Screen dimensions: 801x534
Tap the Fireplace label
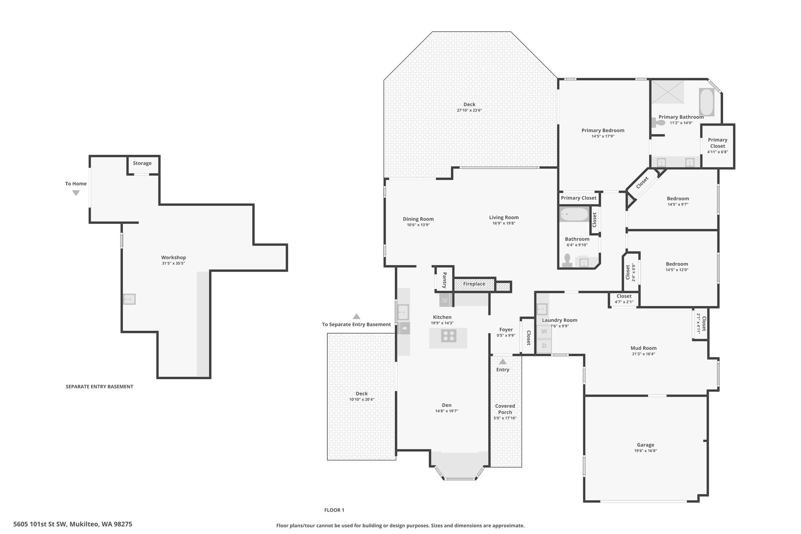click(474, 284)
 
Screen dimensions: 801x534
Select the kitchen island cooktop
click(449, 336)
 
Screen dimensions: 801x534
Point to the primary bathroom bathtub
click(706, 102)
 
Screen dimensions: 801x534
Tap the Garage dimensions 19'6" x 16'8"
click(645, 451)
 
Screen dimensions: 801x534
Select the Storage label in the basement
click(142, 163)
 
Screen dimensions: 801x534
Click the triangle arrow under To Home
click(76, 193)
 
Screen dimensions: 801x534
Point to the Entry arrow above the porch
click(503, 361)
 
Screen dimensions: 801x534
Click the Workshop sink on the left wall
click(129, 299)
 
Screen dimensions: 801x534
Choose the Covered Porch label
click(505, 409)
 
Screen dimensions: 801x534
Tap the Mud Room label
click(643, 348)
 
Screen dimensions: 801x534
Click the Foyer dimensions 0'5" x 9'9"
click(506, 335)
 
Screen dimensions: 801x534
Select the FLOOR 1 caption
click(334, 510)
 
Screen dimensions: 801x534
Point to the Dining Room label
click(418, 219)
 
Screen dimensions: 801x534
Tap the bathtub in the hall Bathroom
click(574, 214)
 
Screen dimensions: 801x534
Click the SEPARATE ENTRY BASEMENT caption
click(99, 387)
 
